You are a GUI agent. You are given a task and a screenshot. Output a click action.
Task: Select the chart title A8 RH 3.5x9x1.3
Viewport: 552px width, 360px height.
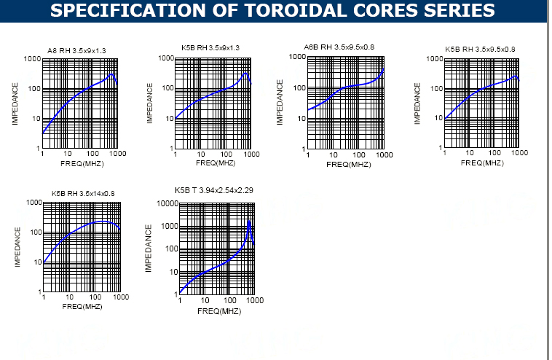tap(76, 50)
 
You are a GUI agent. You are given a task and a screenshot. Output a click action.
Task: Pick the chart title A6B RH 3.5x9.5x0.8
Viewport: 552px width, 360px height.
tap(339, 47)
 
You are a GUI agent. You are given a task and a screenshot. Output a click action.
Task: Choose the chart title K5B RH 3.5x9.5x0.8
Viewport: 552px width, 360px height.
tap(480, 50)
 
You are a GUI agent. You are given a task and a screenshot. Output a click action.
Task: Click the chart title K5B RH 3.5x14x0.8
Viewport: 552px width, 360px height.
tap(83, 193)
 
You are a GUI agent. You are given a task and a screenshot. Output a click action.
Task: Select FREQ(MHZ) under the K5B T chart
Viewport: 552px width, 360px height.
tap(219, 311)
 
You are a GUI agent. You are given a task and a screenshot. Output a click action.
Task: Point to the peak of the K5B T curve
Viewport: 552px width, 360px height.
tap(249, 220)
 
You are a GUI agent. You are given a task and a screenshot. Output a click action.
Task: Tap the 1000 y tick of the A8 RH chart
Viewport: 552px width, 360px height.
tap(32, 58)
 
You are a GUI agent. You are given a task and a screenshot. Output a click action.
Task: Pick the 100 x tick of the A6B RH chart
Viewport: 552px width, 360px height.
tap(359, 154)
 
